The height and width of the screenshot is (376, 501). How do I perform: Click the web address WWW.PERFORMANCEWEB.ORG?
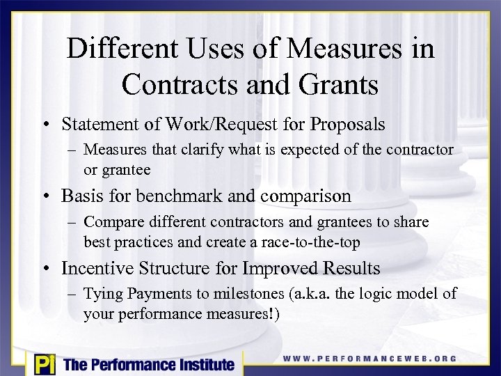[369, 359]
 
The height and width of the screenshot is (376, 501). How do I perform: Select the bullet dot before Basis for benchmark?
[51, 197]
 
